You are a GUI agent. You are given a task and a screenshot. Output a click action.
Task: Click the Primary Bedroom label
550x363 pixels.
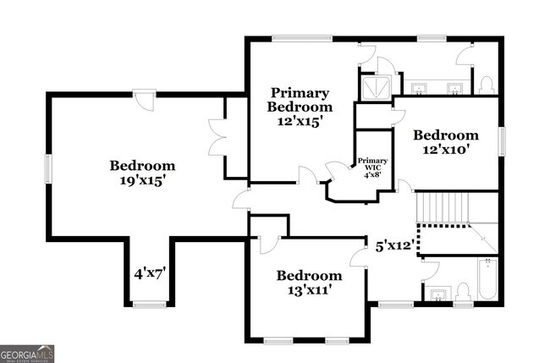pyautogui.click(x=300, y=100)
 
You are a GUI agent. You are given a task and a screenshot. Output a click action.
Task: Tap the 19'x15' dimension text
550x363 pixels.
pyautogui.click(x=142, y=179)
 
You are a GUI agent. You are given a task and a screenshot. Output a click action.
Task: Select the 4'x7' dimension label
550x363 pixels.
pyautogui.click(x=149, y=273)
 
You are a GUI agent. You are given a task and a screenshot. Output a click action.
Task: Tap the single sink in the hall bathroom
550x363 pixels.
pyautogui.click(x=437, y=294)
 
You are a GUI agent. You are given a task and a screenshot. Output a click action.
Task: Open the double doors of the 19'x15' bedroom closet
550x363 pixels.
pyautogui.click(x=217, y=137)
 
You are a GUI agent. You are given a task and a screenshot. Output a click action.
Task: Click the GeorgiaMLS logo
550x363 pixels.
pyautogui.click(x=27, y=353)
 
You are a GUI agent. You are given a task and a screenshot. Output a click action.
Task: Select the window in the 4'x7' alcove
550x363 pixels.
pyautogui.click(x=149, y=305)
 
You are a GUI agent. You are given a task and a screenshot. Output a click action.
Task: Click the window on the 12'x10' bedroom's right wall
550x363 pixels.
pyautogui.click(x=501, y=141)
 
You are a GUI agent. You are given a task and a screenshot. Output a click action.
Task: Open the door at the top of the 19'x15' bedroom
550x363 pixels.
pyautogui.click(x=145, y=100)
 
